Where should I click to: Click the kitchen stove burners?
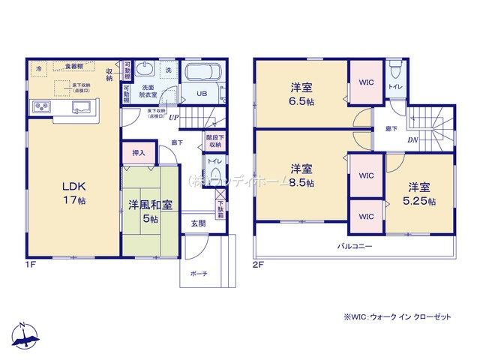(40, 108)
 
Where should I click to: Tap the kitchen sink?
(80, 107)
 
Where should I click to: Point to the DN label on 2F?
(412, 140)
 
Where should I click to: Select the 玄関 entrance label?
(199, 223)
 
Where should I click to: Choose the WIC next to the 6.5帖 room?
(365, 83)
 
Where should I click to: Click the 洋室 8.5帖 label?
(302, 174)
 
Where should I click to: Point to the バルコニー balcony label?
(354, 245)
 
